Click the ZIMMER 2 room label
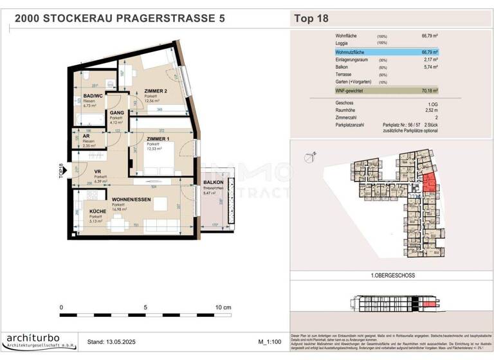[x=156, y=91]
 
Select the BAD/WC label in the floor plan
[x=94, y=97]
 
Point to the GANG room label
[x=116, y=113]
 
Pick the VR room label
[x=98, y=172]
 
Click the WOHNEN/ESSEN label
[x=131, y=201]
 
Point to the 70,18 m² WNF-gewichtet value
[x=429, y=91]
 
